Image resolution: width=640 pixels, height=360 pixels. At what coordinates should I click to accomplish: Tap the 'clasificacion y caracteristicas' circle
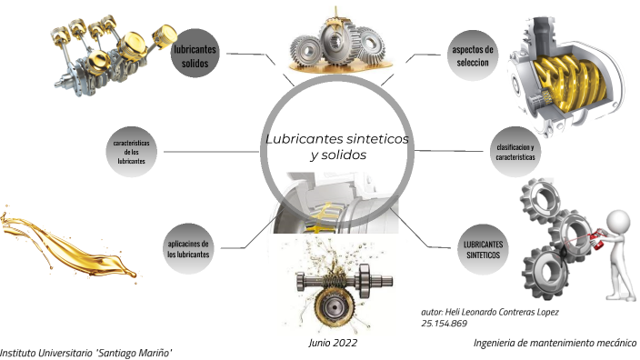click(515, 151)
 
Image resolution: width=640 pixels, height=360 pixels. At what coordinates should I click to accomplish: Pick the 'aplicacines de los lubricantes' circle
click(188, 250)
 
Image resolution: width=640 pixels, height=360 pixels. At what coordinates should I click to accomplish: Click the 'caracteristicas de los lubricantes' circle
click(132, 151)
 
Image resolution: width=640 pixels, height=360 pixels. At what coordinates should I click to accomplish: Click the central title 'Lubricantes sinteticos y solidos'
click(336, 147)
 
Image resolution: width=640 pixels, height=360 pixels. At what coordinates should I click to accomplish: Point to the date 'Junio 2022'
click(333, 344)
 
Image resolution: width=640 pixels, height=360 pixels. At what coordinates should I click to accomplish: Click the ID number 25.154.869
click(445, 324)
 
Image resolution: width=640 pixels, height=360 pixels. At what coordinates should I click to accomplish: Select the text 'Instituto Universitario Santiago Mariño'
click(86, 353)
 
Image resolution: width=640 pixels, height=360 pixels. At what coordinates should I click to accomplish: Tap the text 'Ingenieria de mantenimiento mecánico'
click(555, 343)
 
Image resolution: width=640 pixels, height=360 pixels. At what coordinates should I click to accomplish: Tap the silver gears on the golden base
click(335, 45)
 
